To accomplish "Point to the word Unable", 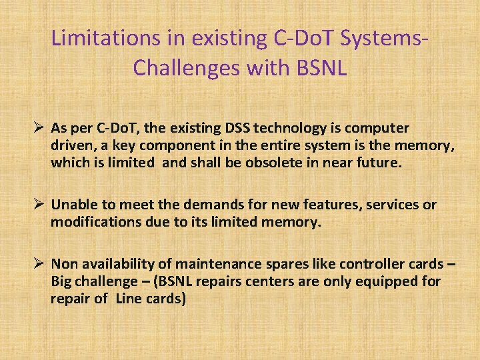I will pyautogui.click(x=73, y=205).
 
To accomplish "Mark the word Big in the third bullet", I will pyautogui.click(x=62, y=281).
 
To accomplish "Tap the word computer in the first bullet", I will pyautogui.click(x=378, y=128).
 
